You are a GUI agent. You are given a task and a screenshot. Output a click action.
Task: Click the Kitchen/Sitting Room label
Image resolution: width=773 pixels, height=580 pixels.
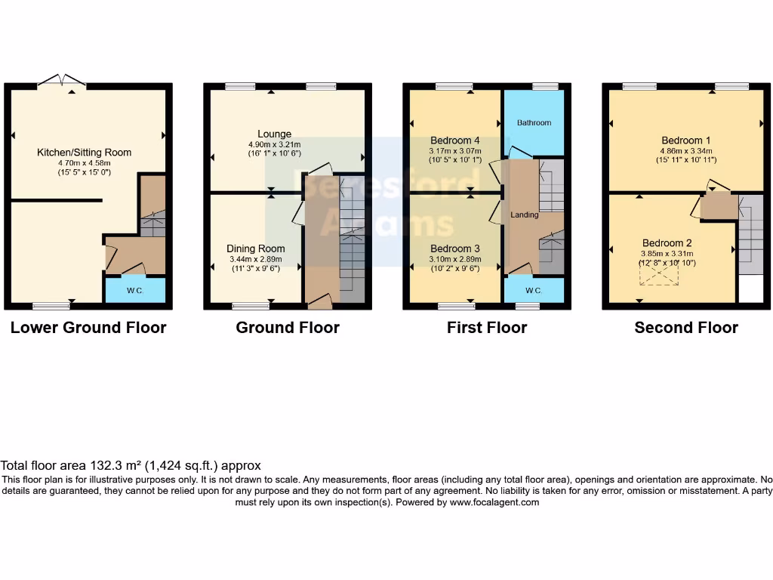[85, 153]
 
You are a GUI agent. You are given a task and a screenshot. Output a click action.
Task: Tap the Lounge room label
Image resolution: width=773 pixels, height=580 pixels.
[274, 134]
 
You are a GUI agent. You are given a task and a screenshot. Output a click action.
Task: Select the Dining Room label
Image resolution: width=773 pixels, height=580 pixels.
[256, 248]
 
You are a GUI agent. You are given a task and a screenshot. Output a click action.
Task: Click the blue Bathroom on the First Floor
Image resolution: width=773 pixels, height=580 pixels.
[534, 122]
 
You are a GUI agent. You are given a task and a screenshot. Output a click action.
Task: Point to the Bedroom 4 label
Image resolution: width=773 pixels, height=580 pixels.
[454, 140]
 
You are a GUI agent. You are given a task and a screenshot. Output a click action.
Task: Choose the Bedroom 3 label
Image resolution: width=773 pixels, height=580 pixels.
[454, 248]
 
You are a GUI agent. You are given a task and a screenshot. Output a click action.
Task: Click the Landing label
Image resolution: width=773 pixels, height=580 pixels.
[525, 214]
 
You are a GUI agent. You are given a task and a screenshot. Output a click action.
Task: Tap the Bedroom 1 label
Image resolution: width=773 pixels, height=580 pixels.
[685, 140]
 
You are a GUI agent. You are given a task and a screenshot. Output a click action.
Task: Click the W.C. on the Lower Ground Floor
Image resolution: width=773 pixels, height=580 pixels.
[135, 291]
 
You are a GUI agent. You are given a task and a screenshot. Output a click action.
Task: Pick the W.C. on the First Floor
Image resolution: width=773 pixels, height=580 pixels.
[533, 291]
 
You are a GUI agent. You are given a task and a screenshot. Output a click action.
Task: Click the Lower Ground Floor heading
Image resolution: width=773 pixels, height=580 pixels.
[88, 328]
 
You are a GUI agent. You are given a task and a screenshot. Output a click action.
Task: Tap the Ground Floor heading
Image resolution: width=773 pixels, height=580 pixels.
[288, 328]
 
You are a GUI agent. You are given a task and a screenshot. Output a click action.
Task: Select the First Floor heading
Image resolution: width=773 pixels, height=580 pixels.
[487, 328]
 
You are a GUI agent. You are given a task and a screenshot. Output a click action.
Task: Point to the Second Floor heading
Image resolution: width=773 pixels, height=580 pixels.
[686, 328]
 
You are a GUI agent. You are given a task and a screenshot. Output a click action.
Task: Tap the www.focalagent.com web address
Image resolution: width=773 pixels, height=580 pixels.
[494, 502]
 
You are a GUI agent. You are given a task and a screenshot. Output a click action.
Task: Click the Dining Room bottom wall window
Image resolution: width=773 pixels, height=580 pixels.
[251, 306]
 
